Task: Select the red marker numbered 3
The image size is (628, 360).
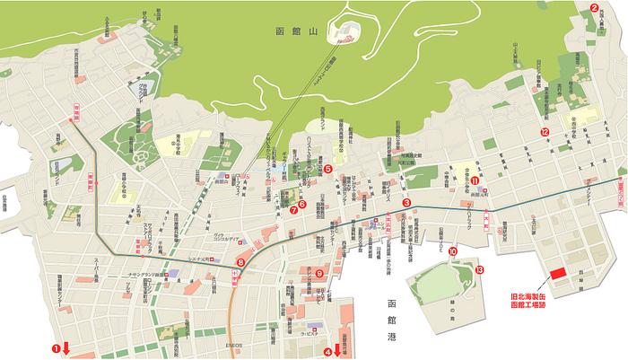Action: click(x=406, y=203)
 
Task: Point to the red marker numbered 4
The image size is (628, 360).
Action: click(x=327, y=350)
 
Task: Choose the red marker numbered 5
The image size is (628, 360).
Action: click(x=328, y=168)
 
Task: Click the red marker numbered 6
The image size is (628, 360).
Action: click(x=302, y=204)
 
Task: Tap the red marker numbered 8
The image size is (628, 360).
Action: click(x=240, y=262)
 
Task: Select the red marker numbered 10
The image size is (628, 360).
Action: click(x=452, y=252)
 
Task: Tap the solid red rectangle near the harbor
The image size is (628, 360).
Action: click(x=558, y=274)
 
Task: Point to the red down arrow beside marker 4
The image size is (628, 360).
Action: click(x=338, y=349)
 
